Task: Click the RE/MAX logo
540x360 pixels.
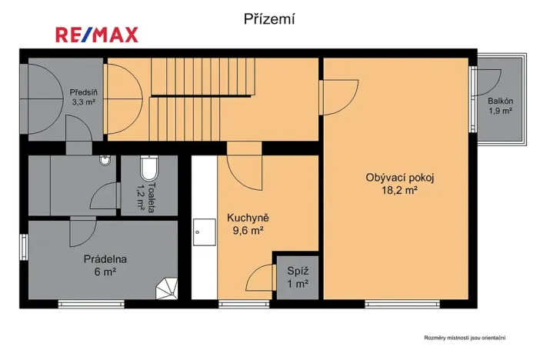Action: point(96,34)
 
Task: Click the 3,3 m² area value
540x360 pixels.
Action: point(82,101)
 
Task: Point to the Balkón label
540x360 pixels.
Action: point(500,101)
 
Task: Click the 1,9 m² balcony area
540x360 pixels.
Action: point(500,112)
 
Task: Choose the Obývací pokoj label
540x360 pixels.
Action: point(400,178)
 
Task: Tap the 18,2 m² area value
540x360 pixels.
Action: point(400,190)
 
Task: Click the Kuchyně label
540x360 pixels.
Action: point(248,218)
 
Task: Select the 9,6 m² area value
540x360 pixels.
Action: point(248,229)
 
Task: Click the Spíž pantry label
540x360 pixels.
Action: point(297,271)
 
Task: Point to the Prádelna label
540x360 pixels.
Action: point(105,259)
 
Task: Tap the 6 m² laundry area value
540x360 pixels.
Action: point(105,272)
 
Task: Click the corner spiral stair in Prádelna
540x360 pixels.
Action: point(169,289)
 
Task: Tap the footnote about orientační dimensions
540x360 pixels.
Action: point(468,337)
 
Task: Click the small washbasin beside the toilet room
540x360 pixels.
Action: point(105,160)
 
